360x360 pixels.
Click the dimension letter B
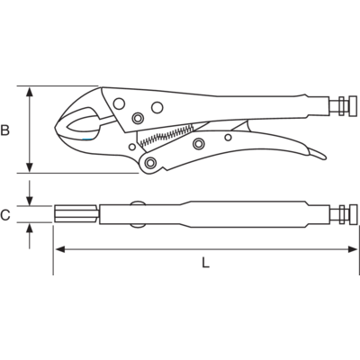pyautogui.click(x=5, y=130)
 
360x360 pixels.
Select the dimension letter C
pyautogui.click(x=5, y=215)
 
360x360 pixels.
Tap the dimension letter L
pyautogui.click(x=205, y=263)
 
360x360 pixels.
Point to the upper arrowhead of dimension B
pyautogui.click(x=29, y=92)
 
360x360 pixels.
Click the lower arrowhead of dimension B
pyautogui.click(x=29, y=167)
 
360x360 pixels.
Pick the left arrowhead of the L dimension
pyautogui.click(x=60, y=249)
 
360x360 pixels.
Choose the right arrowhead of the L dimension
pyautogui.click(x=352, y=249)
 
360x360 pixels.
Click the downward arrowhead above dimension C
pyautogui.click(x=29, y=201)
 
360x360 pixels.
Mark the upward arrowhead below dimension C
pyautogui.click(x=29, y=229)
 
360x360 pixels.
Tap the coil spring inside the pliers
pyautogui.click(x=166, y=135)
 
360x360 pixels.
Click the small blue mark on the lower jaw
pyautogui.click(x=87, y=139)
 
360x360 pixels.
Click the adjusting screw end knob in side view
pyautogui.click(x=353, y=105)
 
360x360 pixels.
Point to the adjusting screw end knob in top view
pyautogui.click(x=353, y=214)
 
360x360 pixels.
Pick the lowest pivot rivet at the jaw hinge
pyautogui.click(x=150, y=163)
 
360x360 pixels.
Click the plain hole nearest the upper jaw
pyautogui.click(x=119, y=103)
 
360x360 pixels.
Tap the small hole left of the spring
pyautogui.click(x=131, y=147)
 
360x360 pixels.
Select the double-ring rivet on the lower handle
pyautogui.click(x=199, y=143)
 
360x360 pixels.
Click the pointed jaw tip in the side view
pyautogui.click(x=56, y=127)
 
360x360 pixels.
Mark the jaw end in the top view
pyautogui.click(x=56, y=213)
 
